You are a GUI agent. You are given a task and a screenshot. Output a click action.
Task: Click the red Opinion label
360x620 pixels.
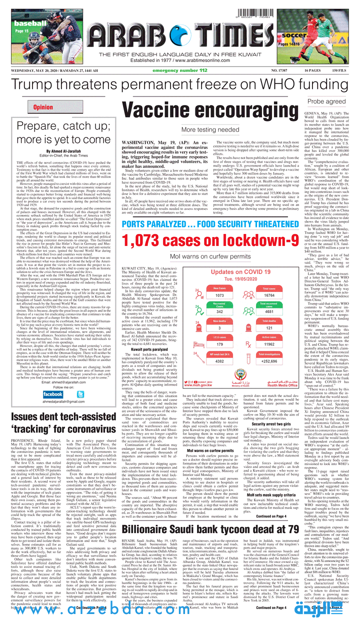pos(42,107)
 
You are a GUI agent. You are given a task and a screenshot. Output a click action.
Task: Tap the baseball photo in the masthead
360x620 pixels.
pos(26,34)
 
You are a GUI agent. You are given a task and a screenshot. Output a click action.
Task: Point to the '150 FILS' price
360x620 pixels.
pos(338,70)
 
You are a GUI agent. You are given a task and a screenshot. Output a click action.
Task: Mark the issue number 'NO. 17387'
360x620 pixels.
pos(271,70)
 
